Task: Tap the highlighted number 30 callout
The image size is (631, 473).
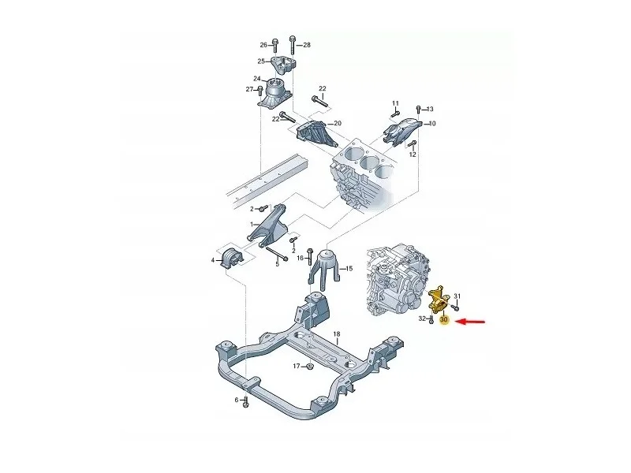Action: coord(444,320)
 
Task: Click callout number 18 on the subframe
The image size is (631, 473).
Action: coord(337,333)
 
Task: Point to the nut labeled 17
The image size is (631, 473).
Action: coord(310,366)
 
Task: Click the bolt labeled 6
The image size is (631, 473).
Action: coord(246,402)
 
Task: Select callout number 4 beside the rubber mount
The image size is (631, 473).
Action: coord(213,261)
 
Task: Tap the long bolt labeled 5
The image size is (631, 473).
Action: coord(277,254)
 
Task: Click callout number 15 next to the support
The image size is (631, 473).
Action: coord(349,268)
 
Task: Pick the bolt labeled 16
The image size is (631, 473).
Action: coord(310,257)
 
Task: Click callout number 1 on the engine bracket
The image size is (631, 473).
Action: coord(252,224)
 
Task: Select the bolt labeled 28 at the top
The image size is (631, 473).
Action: coord(293,47)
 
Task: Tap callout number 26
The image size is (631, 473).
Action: coord(263,45)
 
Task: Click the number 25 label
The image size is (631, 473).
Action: coord(261,61)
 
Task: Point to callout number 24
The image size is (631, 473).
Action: coord(257,78)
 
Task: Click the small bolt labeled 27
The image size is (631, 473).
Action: coord(261,90)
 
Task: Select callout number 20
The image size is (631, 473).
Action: coord(338,123)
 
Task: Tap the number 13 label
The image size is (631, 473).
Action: coord(430,109)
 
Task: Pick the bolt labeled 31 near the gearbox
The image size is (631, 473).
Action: coord(455,307)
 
